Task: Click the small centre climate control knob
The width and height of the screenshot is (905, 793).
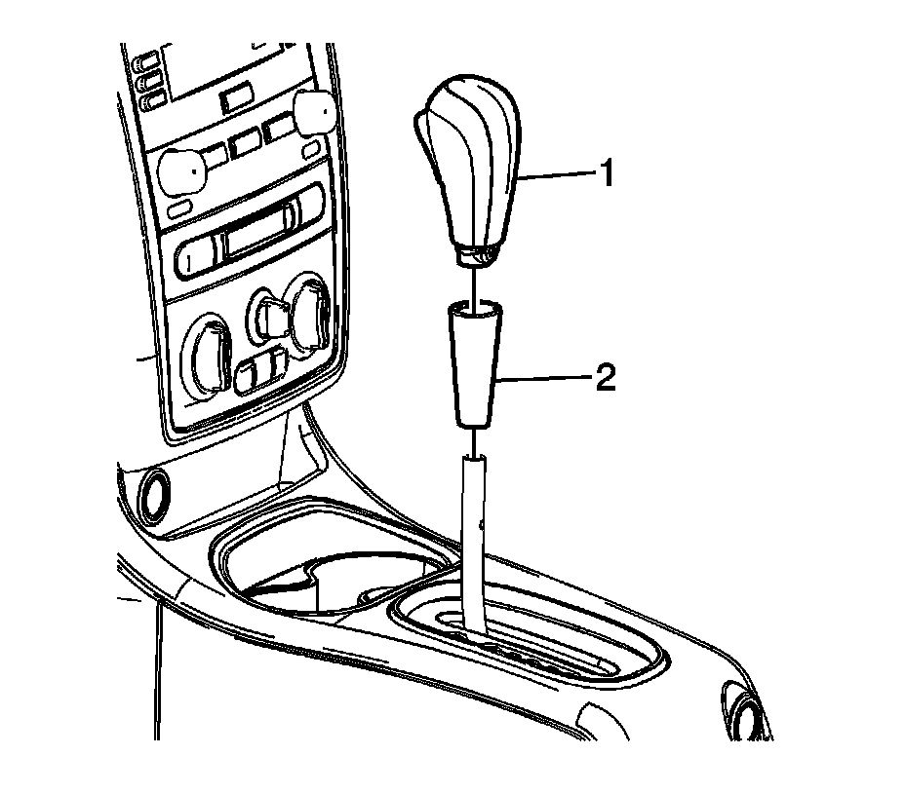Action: [266, 314]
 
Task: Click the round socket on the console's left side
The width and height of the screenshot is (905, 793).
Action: [153, 496]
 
